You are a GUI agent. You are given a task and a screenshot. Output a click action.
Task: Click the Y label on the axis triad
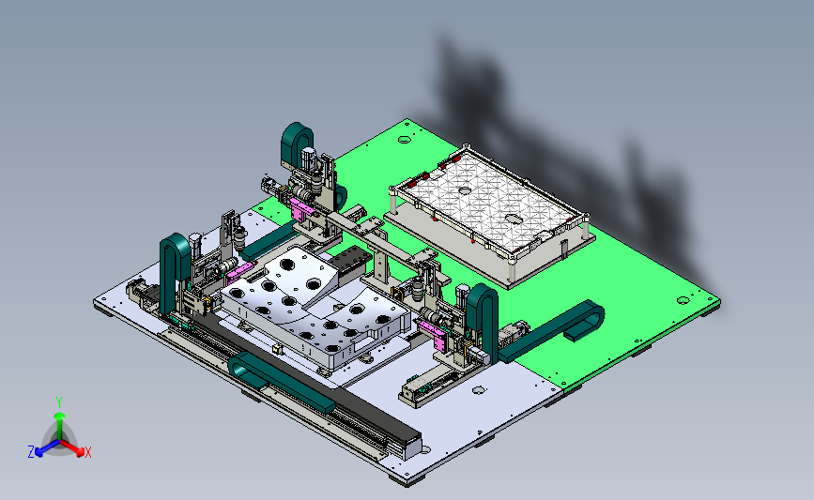[x=58, y=402]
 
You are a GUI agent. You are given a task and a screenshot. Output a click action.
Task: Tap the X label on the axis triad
[x=87, y=452]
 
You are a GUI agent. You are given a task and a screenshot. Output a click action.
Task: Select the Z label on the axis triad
[x=31, y=452]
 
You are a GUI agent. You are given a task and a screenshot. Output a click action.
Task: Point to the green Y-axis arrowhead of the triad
[x=60, y=416]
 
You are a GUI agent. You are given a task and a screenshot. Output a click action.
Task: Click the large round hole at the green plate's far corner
[x=405, y=139]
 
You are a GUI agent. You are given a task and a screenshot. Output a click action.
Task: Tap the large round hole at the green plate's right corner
[x=683, y=300]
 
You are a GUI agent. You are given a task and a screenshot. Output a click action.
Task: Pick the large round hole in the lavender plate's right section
[x=479, y=389]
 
